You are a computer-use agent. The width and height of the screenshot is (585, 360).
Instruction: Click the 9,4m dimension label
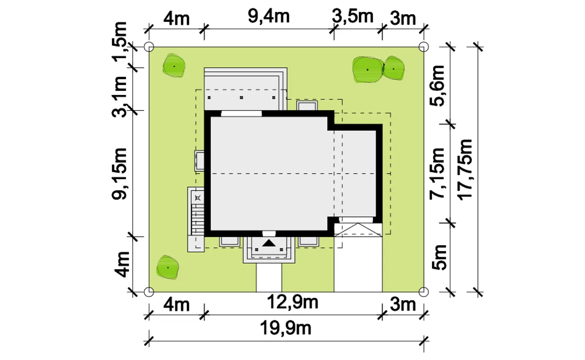[269, 17]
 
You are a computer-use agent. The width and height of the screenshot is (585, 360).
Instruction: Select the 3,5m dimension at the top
[352, 16]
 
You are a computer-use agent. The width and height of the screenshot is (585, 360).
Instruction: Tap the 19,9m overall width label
[286, 328]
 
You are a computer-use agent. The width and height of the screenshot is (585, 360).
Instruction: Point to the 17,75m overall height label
[465, 170]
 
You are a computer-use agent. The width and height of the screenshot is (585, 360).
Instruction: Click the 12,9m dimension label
[293, 302]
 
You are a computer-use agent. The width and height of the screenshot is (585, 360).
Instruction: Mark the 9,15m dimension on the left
[120, 174]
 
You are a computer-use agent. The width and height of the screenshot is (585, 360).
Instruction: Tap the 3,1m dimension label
[120, 96]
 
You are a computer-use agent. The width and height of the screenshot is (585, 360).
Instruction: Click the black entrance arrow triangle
[269, 244]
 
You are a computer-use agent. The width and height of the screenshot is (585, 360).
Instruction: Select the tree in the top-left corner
[174, 66]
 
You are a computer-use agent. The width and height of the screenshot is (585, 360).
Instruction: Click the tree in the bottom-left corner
[168, 267]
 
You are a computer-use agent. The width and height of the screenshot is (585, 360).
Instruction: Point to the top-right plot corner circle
[424, 47]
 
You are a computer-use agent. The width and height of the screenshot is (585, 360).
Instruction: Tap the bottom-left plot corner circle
[149, 292]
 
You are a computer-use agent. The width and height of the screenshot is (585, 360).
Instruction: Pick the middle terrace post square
[241, 98]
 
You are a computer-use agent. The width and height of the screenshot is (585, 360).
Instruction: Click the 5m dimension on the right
[439, 257]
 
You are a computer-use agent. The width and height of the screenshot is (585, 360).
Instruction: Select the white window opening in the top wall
[241, 114]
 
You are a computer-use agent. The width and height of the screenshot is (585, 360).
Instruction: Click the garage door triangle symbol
[358, 230]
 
